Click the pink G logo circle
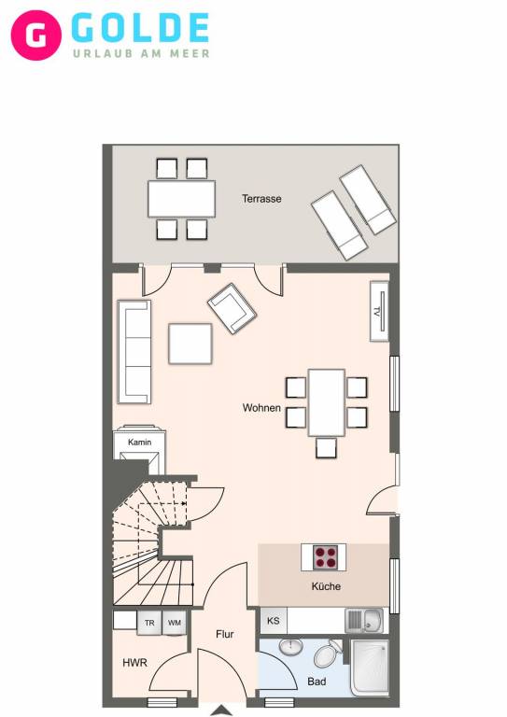click(36, 35)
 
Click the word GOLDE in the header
click(140, 28)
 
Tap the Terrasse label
click(261, 199)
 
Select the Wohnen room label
click(261, 407)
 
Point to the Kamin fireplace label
click(139, 443)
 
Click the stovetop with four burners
click(326, 557)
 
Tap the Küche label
click(326, 586)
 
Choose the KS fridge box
click(274, 621)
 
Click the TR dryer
click(149, 623)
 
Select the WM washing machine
click(175, 623)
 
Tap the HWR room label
click(134, 663)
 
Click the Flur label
click(224, 634)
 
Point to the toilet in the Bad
click(328, 654)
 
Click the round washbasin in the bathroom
click(290, 647)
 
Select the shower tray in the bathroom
click(370, 668)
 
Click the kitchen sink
click(364, 621)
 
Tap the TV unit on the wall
click(379, 312)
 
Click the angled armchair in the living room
click(232, 309)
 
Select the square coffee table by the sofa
click(190, 344)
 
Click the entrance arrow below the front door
click(221, 710)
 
